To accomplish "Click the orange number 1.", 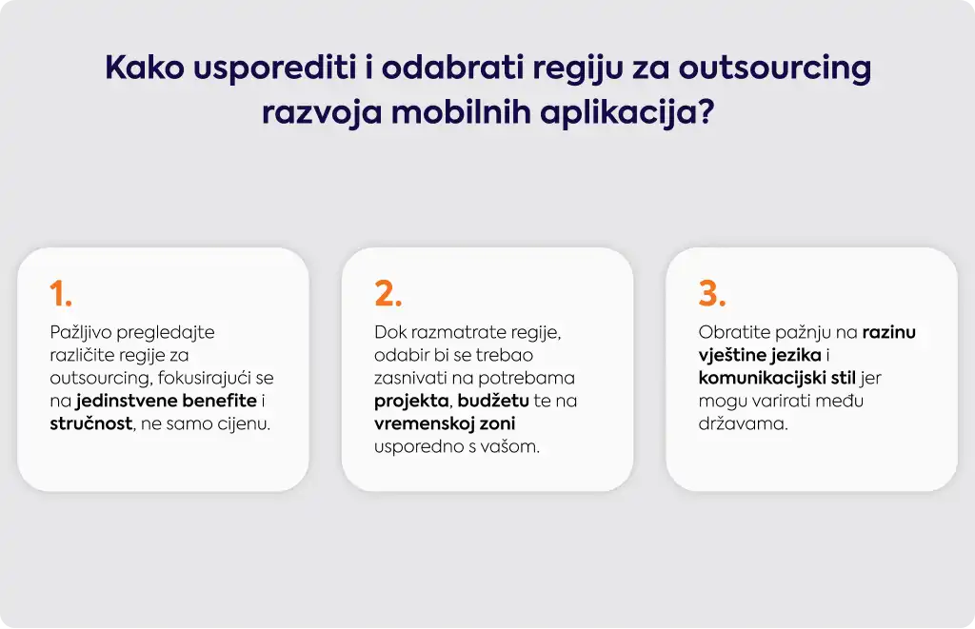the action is click(61, 293).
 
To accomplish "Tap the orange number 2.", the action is click(388, 293).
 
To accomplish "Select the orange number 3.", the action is click(712, 293).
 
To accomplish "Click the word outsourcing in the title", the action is click(775, 68).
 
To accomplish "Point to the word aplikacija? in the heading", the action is click(627, 114).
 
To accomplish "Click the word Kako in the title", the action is click(145, 68).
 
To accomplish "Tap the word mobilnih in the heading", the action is click(461, 112).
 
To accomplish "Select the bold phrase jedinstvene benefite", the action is click(166, 401).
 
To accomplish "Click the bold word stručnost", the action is click(90, 423).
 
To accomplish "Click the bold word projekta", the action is click(411, 402).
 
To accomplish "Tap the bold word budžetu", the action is click(493, 401).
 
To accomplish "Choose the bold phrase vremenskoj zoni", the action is click(445, 423).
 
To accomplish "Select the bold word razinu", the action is click(888, 332).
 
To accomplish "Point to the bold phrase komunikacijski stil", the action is click(777, 378).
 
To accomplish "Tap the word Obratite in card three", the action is click(734, 332).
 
